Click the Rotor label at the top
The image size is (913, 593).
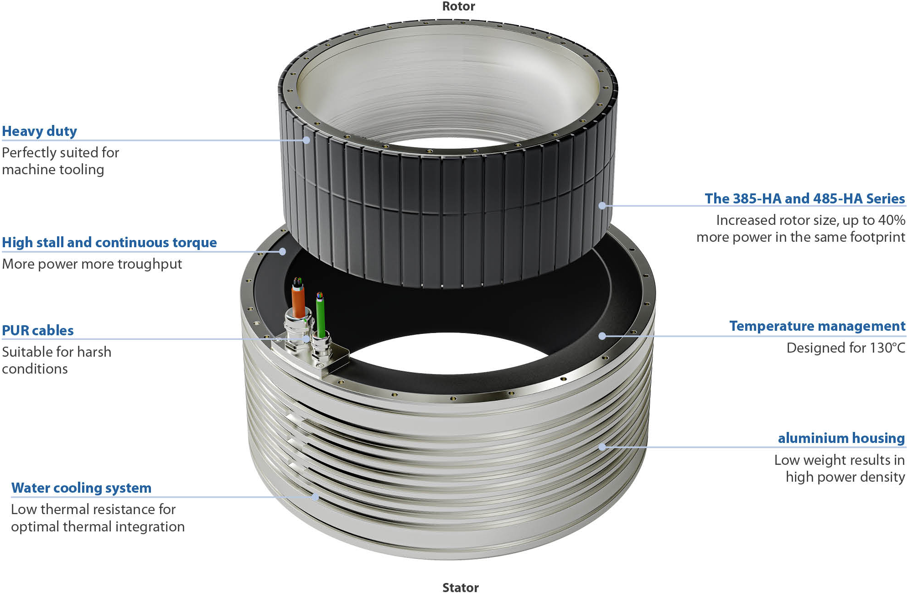459,6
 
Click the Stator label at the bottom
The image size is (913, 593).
461,588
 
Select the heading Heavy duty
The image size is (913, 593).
40,131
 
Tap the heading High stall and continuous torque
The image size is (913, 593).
109,242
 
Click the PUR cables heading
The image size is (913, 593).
38,330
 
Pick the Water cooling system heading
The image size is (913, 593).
81,488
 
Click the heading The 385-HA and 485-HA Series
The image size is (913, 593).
805,198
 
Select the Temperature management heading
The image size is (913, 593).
817,326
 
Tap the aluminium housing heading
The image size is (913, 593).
841,438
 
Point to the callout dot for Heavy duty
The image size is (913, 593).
306,140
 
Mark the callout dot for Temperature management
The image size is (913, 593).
602,336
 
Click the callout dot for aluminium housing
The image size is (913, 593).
602,447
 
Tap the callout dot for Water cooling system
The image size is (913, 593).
315,497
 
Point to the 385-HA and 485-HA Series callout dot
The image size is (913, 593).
602,206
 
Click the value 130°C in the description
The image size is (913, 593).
887,348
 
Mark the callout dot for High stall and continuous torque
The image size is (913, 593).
282,251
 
